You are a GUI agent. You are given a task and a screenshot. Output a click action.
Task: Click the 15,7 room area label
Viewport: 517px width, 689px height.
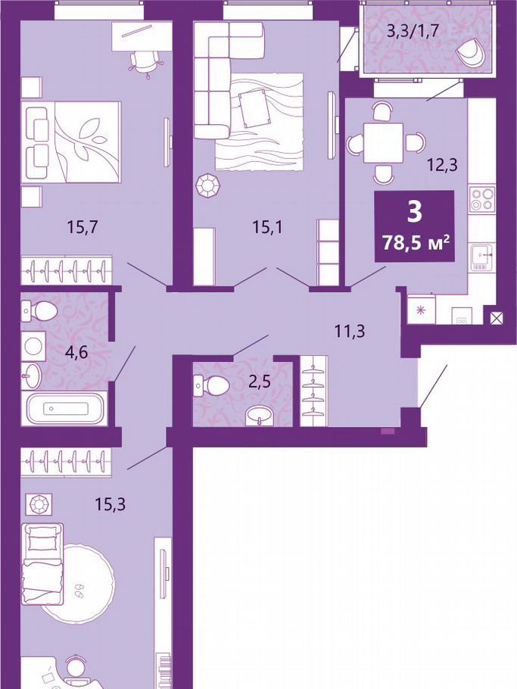[82, 227]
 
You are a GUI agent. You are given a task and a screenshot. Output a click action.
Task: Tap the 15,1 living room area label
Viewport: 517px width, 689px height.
[267, 227]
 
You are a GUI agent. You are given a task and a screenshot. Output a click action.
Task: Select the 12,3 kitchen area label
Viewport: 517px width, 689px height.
[443, 165]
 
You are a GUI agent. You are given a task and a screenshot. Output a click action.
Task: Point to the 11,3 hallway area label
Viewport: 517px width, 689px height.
[350, 330]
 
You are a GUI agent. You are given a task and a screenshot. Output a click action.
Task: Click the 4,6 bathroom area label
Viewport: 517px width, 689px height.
[73, 352]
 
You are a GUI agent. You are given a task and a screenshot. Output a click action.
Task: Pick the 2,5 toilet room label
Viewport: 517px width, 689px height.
[259, 381]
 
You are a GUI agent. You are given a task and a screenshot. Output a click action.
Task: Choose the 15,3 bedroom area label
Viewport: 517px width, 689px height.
[111, 504]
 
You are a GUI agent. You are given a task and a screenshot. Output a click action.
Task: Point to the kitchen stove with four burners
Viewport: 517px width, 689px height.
[482, 198]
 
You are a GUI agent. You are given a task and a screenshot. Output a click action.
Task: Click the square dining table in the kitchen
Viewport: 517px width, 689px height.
[384, 142]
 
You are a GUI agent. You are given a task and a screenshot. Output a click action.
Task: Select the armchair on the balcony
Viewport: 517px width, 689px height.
[472, 51]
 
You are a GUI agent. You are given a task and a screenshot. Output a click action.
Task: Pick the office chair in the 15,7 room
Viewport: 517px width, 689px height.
[146, 63]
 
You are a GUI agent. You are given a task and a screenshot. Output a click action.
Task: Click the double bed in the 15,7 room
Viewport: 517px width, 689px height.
[73, 142]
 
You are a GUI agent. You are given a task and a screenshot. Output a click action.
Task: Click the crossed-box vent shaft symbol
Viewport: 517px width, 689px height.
[496, 318]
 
